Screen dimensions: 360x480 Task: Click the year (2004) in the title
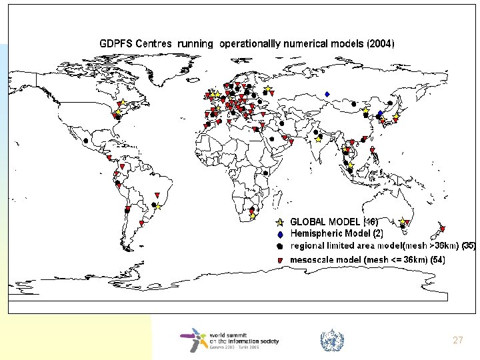point(381,43)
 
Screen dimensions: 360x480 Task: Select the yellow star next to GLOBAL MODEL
point(281,222)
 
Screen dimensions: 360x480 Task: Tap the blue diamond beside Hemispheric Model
point(281,234)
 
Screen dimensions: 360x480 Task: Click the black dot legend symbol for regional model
point(281,246)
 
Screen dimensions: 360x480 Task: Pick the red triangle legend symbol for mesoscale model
point(281,259)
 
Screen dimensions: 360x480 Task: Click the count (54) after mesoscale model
point(437,259)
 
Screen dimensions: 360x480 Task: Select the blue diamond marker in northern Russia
point(327,93)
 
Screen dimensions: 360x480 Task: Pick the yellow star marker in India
point(319,139)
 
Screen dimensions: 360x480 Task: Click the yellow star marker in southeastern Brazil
point(159,207)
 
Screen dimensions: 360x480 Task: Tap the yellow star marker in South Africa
point(252,215)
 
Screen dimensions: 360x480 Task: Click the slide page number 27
point(457,340)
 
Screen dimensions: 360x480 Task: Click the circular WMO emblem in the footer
point(331,341)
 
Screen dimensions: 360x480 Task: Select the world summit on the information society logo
point(229,341)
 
